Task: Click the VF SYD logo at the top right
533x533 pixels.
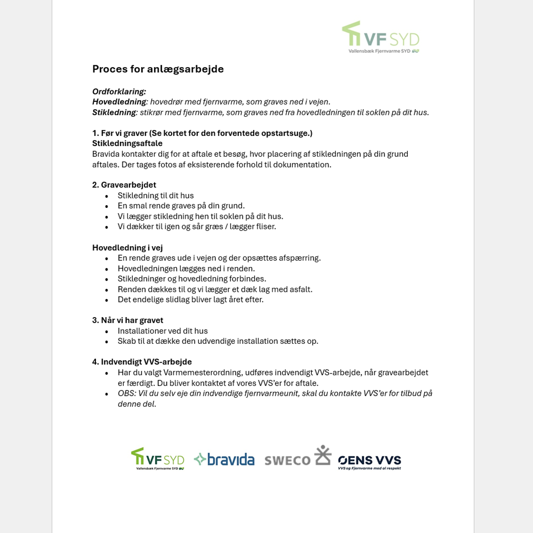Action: click(381, 37)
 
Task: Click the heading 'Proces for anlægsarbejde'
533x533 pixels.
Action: click(158, 69)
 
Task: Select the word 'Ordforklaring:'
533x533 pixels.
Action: click(119, 91)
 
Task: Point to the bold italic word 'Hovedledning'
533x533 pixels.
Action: click(119, 102)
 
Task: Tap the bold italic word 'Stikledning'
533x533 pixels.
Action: click(114, 112)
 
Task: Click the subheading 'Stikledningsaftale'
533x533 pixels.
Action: click(127, 143)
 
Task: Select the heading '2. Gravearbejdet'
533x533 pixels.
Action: click(124, 185)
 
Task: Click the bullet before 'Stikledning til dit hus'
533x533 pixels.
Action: click(107, 196)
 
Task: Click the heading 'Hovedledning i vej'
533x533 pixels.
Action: click(127, 248)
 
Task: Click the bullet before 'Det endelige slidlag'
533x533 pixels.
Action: click(107, 300)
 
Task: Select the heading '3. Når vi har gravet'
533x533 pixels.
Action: click(127, 320)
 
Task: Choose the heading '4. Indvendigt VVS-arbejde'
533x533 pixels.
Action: click(142, 362)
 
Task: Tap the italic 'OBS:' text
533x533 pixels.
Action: click(127, 394)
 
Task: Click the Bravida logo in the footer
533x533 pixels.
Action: click(224, 459)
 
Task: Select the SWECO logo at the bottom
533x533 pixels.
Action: click(298, 457)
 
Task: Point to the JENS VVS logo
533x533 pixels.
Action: click(369, 461)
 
